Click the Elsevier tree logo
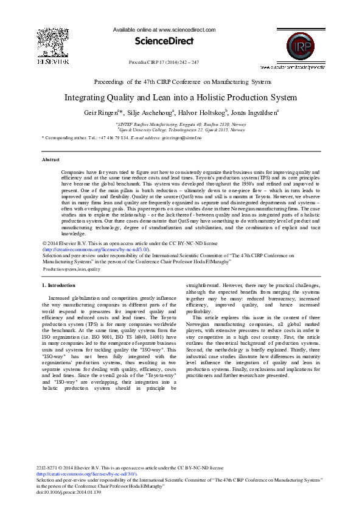click(54, 43)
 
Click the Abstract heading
click(50, 159)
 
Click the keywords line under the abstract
click(72, 268)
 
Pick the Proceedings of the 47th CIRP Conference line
click(183, 81)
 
